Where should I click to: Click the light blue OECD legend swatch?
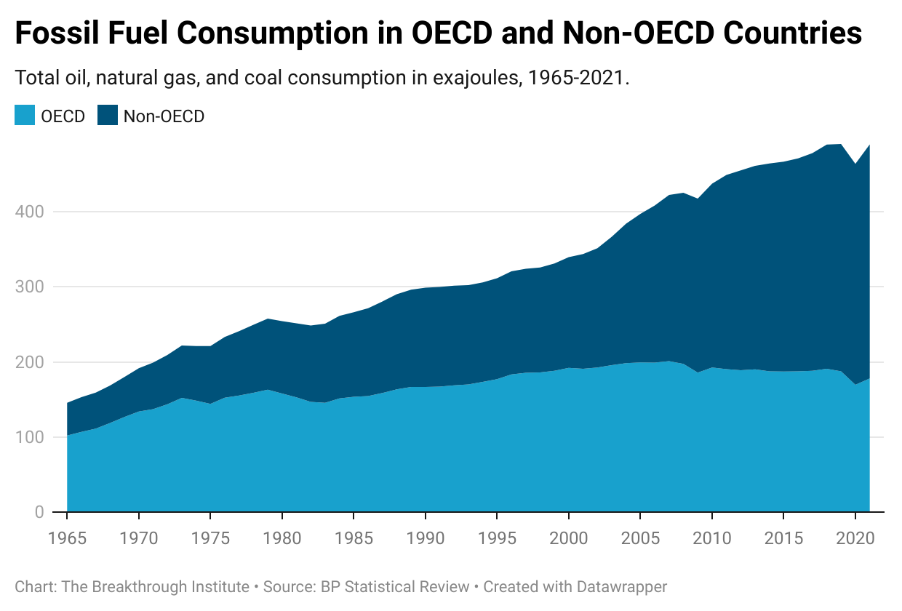click(x=25, y=116)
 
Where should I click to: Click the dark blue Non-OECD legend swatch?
click(x=107, y=116)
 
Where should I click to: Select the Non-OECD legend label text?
click(x=164, y=116)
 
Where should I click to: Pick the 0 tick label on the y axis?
click(x=39, y=512)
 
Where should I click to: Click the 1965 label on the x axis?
click(x=67, y=539)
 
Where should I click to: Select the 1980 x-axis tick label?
click(x=281, y=539)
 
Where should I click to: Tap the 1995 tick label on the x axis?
click(x=495, y=539)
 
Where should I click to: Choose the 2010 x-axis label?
click(x=710, y=539)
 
